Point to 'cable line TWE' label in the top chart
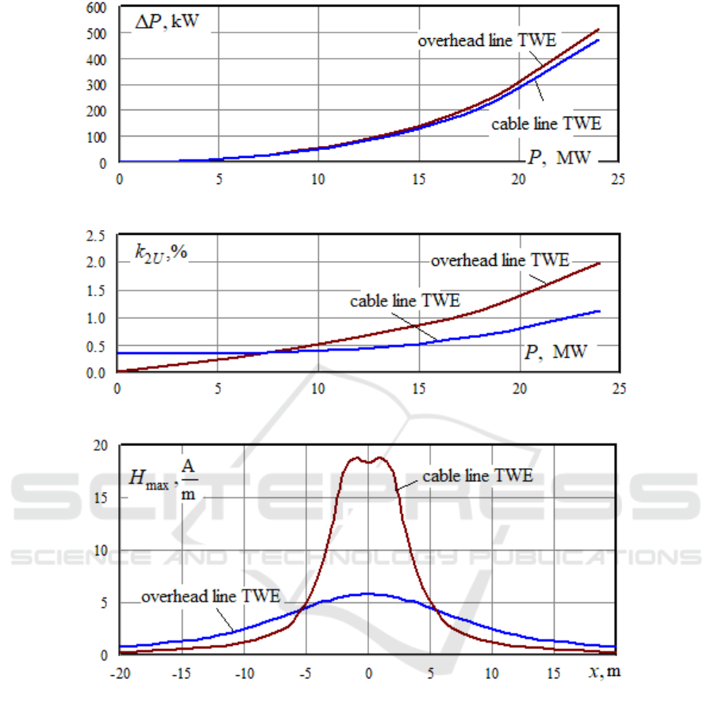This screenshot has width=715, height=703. (546, 124)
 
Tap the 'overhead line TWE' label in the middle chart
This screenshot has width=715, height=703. (499, 259)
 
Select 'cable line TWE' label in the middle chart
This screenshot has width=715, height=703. (405, 301)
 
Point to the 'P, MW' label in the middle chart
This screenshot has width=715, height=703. (556, 351)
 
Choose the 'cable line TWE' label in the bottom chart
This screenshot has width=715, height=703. (477, 476)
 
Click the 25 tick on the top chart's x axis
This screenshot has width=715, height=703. (617, 179)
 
